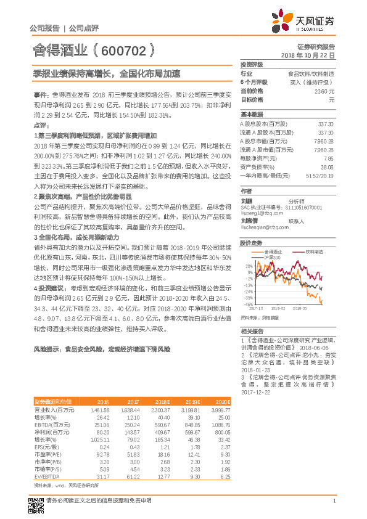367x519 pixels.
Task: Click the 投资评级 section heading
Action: (x=252, y=65)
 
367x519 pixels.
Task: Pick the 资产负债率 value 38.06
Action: (x=327, y=167)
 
